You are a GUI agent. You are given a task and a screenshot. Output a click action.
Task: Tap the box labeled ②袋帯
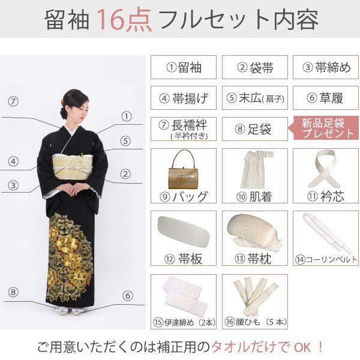coord(255,67)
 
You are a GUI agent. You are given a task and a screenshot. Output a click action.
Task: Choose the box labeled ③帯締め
coord(326,67)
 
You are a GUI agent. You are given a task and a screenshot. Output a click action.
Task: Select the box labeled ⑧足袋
coord(255,128)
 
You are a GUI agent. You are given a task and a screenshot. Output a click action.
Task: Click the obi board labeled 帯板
coord(182,229)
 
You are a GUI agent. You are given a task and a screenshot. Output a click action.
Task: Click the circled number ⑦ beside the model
coord(14,101)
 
